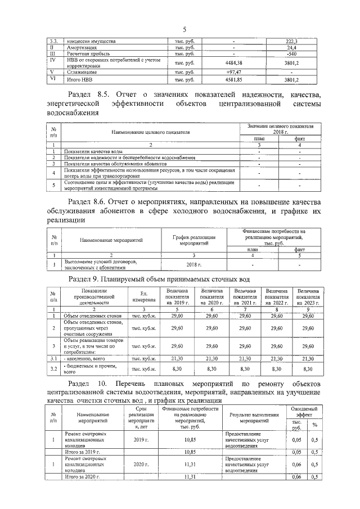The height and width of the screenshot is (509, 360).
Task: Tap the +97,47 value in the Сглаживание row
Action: click(233, 73)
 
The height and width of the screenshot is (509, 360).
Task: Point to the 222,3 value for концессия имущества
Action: click(291, 42)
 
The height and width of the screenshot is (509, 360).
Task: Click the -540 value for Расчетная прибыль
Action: click(291, 54)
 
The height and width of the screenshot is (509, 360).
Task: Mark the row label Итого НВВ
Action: click(80, 80)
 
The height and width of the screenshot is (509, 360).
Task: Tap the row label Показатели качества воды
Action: click(93, 151)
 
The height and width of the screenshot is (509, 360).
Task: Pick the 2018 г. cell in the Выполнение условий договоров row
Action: click(193, 264)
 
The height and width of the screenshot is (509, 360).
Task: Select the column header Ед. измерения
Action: click(143, 296)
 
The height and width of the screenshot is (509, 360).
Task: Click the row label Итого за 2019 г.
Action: click(82, 452)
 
